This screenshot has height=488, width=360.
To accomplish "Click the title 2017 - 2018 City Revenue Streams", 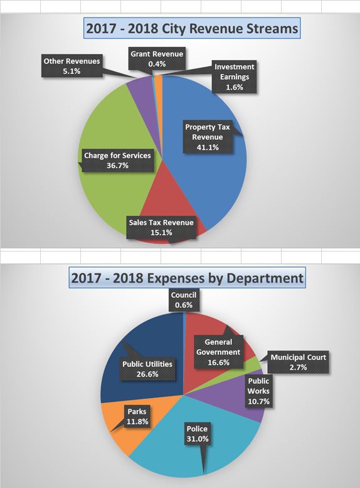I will click(x=193, y=29).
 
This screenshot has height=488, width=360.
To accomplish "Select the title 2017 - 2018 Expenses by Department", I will click(x=187, y=277).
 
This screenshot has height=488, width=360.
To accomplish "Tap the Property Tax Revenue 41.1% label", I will click(x=208, y=137).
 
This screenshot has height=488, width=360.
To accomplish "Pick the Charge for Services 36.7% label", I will click(x=117, y=161).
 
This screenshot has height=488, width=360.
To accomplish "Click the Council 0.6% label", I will click(x=184, y=299).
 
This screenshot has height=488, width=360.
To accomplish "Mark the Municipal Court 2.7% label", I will click(x=299, y=363).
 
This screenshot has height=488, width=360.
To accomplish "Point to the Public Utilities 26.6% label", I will click(x=148, y=368).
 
